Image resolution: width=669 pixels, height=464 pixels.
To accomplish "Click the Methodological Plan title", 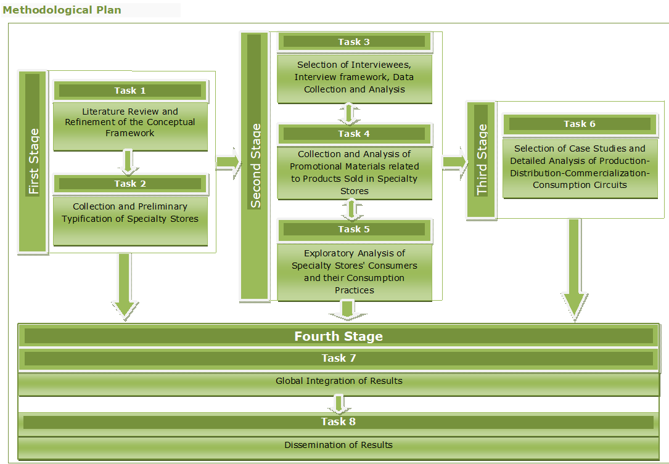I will click(x=62, y=10).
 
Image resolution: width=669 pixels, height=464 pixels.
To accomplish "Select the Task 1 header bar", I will click(x=130, y=91).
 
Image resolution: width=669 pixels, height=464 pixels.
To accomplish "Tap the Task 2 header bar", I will click(x=130, y=184).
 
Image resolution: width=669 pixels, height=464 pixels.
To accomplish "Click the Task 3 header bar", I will click(x=354, y=42).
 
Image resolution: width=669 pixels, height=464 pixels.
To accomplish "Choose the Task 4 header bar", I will click(x=354, y=134).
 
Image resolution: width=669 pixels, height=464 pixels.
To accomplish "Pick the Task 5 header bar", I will click(x=354, y=229).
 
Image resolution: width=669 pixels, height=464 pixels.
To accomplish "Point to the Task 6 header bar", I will click(x=580, y=124).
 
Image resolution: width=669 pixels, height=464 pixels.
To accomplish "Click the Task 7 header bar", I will click(x=339, y=358).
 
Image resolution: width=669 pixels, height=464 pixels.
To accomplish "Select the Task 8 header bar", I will click(x=339, y=422).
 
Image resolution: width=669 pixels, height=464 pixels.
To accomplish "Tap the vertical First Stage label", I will click(x=33, y=161).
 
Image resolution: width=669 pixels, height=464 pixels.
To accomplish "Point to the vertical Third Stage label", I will click(x=482, y=160).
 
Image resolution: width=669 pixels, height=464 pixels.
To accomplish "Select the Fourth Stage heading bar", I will click(x=339, y=336).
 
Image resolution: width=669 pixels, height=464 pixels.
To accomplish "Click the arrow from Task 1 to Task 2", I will click(x=128, y=161).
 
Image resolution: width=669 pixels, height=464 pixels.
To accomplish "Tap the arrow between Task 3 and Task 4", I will click(x=350, y=113).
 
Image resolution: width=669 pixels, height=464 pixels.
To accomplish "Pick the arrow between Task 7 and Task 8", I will click(x=338, y=404).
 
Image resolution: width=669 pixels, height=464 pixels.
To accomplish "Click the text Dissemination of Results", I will click(x=339, y=445).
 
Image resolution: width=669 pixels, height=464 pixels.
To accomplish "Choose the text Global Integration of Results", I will click(x=339, y=381).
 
